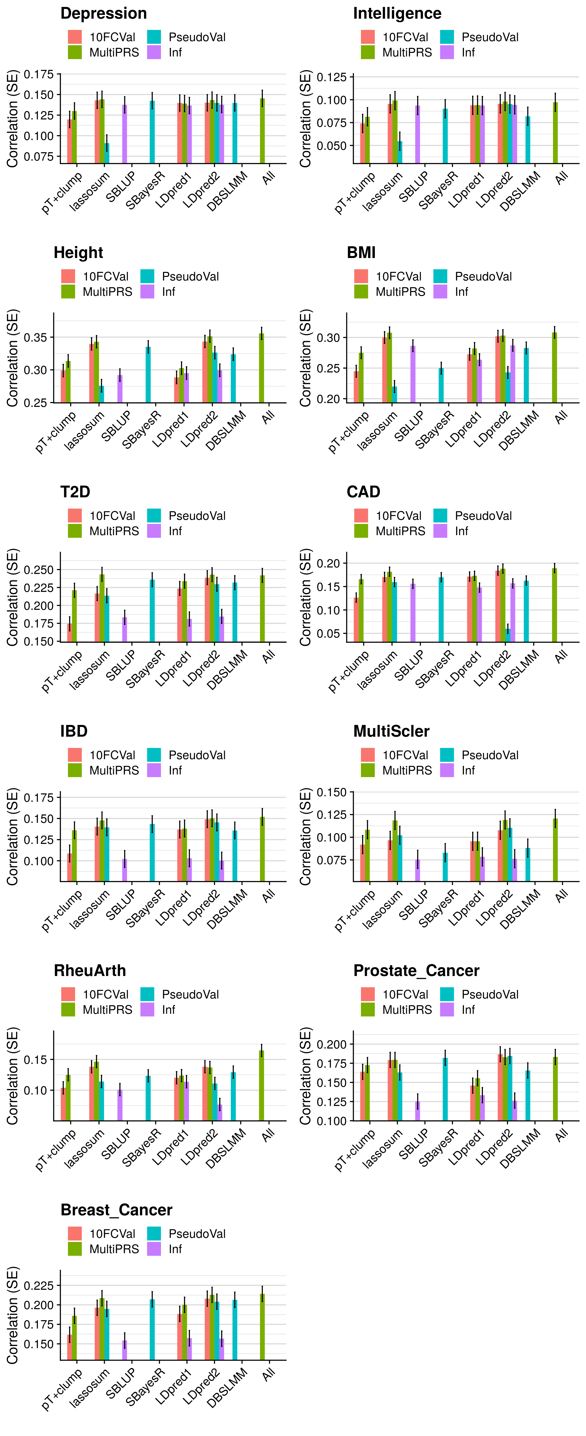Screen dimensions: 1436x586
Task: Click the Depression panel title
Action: click(104, 13)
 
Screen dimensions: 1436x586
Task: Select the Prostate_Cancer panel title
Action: click(416, 970)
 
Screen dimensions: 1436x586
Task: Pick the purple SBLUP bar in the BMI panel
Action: click(413, 374)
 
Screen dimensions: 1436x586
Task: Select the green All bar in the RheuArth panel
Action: click(261, 1085)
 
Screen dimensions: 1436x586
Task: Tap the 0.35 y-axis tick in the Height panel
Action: click(35, 337)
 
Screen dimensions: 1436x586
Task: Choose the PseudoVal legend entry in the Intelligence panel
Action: click(489, 37)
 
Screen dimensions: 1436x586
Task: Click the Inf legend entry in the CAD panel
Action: click(461, 531)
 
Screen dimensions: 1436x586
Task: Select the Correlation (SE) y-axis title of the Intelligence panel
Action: click(305, 119)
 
